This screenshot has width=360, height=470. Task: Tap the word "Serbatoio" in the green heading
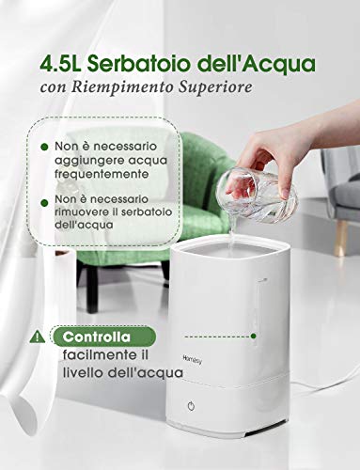click(x=139, y=64)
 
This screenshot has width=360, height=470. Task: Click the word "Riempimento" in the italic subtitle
click(x=123, y=86)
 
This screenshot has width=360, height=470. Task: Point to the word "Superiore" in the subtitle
click(x=215, y=86)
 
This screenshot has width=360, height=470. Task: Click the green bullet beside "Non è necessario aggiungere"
click(x=44, y=147)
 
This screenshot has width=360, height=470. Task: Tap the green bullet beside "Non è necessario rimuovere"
click(x=44, y=203)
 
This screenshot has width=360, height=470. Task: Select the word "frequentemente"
click(x=102, y=174)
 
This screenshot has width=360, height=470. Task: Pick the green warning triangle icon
click(x=38, y=337)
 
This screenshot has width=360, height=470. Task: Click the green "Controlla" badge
click(x=103, y=337)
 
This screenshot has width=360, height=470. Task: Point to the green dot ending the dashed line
click(x=254, y=337)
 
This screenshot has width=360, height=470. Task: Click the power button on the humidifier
click(x=191, y=406)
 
